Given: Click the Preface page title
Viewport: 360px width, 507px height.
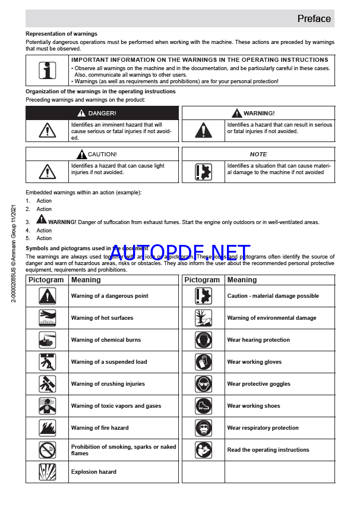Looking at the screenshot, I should coord(314,18).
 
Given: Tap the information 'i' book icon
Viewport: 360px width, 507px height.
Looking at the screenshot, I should coord(48,71).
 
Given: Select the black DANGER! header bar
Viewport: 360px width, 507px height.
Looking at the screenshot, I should coord(102,113).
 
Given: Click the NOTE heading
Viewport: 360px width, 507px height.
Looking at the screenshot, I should coord(258,154).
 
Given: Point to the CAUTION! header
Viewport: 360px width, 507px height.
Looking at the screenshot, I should coord(102,154).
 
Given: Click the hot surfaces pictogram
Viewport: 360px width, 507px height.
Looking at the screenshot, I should coord(48,318).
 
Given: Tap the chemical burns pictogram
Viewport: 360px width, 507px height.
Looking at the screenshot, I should coord(48,340).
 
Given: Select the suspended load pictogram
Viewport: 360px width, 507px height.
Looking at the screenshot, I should coord(48,362).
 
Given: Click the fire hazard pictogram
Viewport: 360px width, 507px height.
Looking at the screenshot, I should coord(48,428).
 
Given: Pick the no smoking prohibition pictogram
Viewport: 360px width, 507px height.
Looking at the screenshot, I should coord(48,450).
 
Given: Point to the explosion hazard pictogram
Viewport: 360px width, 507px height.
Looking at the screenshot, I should coord(48,472).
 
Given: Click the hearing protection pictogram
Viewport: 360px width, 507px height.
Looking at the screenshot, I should coord(204,340).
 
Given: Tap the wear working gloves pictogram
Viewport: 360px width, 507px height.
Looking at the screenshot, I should coord(204,362).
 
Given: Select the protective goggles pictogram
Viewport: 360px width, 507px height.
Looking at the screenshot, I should coord(204,384).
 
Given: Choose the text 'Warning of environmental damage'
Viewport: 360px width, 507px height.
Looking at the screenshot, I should coord(271,318).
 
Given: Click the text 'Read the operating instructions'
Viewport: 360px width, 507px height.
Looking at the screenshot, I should coord(268,450).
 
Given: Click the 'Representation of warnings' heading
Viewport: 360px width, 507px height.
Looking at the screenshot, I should coord(61,34).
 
